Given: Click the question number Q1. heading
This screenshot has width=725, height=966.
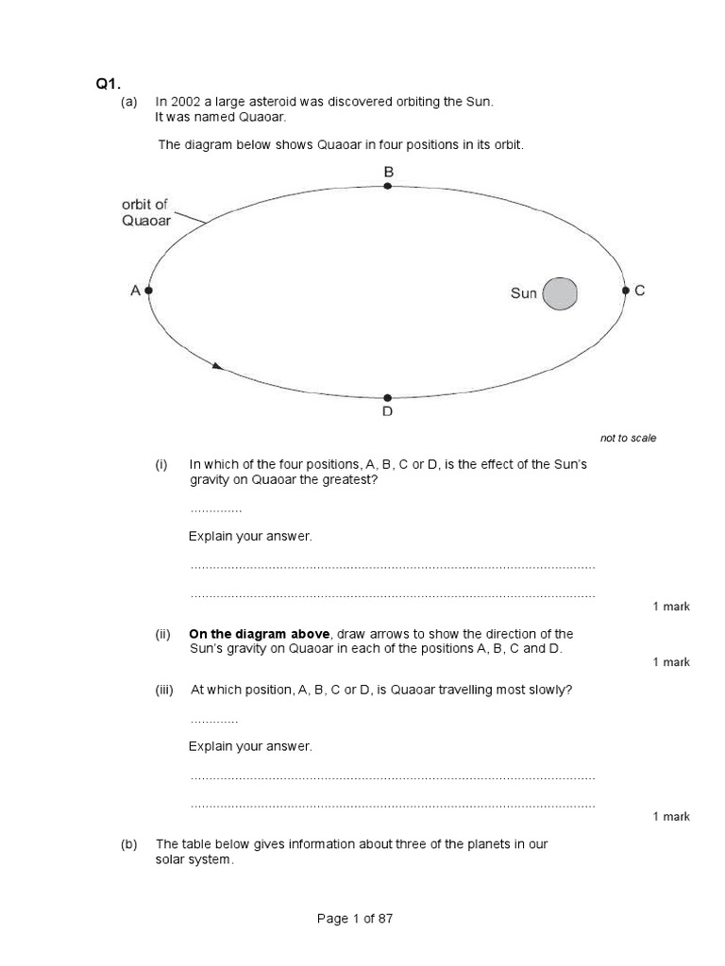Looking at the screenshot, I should tap(105, 84).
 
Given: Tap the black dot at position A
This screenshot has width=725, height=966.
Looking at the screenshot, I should tap(149, 291).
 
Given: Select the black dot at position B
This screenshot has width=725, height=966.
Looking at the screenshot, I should tap(387, 187).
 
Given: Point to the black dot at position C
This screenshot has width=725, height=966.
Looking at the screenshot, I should tap(625, 291).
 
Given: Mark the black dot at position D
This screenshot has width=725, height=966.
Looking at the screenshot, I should tap(387, 398).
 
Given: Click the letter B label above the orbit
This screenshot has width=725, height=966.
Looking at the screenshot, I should tap(388, 172).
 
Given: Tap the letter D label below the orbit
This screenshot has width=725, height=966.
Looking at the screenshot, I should tap(387, 413).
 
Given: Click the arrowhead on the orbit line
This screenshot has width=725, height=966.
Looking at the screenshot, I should tap(218, 365).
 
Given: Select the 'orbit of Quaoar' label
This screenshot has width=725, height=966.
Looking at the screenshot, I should tap(146, 212).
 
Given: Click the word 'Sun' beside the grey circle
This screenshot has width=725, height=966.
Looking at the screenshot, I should tap(524, 293).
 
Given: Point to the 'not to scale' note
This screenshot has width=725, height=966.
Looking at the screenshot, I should tap(628, 438).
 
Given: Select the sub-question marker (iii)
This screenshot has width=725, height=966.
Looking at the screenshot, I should tap(166, 690).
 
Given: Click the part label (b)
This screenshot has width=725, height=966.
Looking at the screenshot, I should tap(129, 843).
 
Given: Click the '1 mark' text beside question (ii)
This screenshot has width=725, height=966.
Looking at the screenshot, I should tap(671, 662).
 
